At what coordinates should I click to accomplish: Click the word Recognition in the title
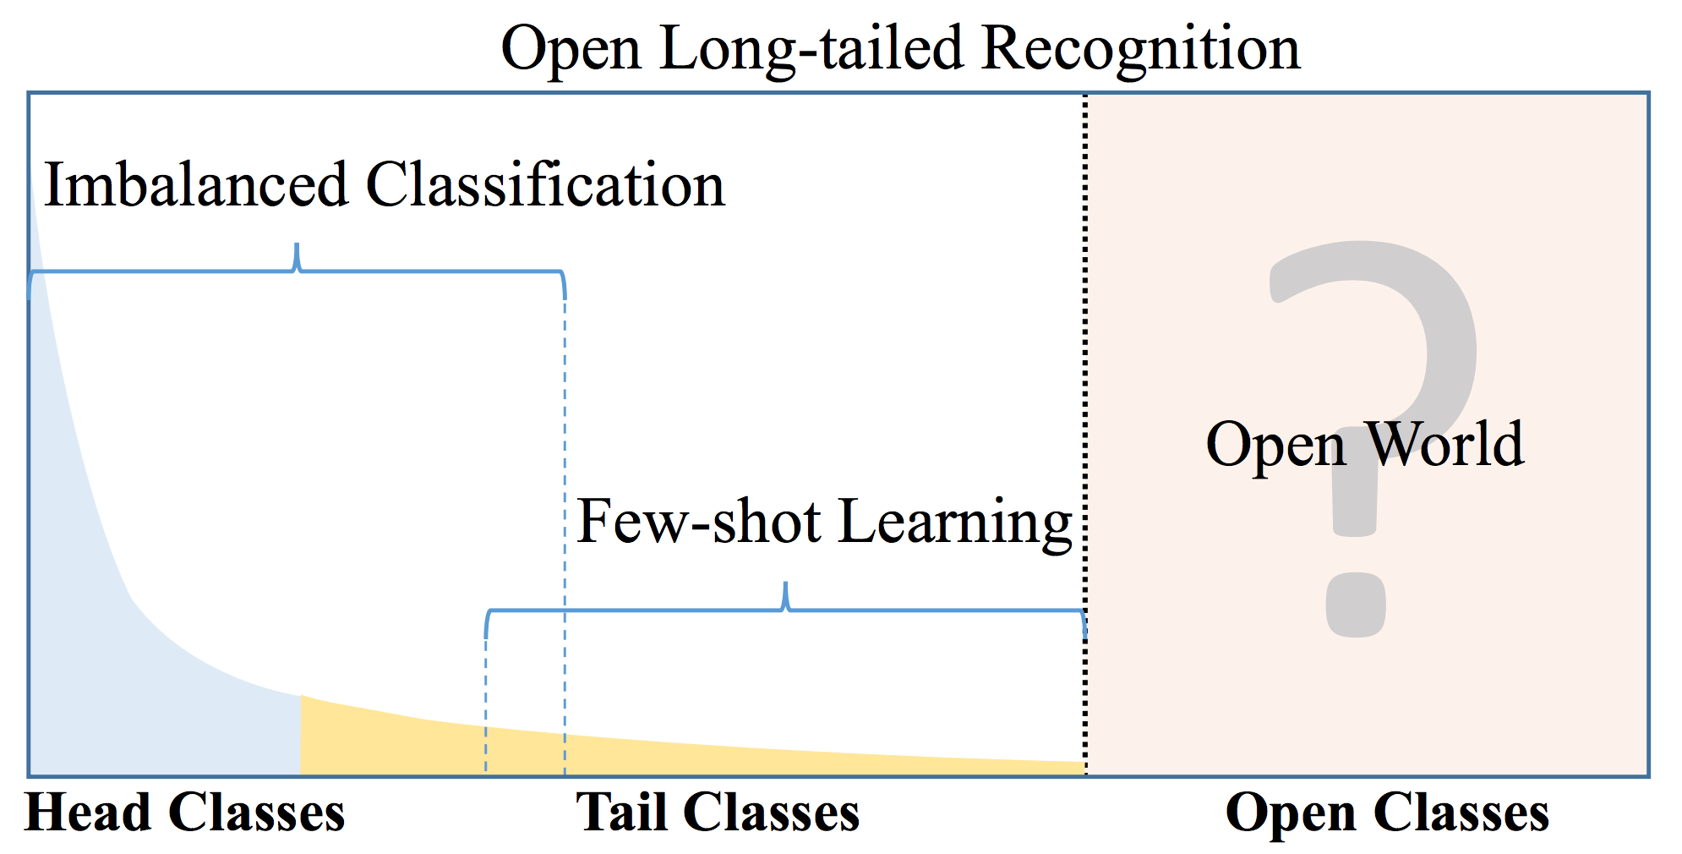(1141, 49)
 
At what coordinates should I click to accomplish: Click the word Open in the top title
(571, 49)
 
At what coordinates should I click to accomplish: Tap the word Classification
(545, 184)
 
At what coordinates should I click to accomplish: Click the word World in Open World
(1445, 444)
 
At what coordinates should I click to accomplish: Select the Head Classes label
(185, 813)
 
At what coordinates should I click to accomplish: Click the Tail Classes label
(718, 813)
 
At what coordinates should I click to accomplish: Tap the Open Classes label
(1387, 813)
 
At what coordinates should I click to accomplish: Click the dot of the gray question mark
(1356, 605)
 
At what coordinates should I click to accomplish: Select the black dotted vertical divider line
(1086, 338)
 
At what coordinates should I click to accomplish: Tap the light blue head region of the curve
(127, 693)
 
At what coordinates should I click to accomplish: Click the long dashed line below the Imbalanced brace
(565, 507)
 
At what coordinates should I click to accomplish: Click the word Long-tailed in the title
(811, 49)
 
